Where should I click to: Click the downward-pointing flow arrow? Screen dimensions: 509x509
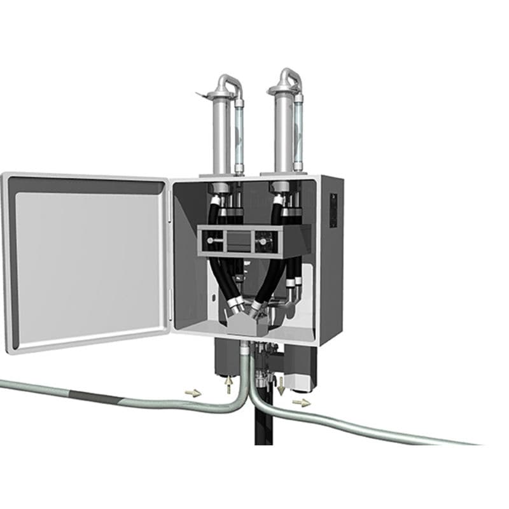(x=281, y=384)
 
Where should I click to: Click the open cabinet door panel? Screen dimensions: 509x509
(x=88, y=261)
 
